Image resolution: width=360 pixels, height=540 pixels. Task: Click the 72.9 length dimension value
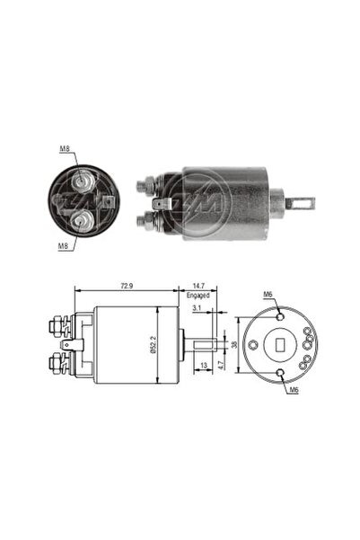click(x=127, y=286)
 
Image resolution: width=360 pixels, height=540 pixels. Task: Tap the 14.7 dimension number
click(x=198, y=286)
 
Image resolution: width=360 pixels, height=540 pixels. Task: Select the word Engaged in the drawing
click(x=198, y=296)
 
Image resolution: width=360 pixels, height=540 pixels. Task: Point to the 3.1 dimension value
click(x=197, y=308)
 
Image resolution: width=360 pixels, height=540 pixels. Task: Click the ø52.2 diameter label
click(x=154, y=345)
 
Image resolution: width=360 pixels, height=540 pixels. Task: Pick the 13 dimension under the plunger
click(x=204, y=365)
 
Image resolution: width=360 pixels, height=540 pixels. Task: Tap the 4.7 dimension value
click(x=222, y=363)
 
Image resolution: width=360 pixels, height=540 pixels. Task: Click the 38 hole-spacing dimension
click(x=234, y=344)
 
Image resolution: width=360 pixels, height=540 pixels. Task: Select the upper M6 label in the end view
click(x=268, y=295)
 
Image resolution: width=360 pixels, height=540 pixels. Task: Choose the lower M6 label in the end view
click(x=294, y=390)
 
